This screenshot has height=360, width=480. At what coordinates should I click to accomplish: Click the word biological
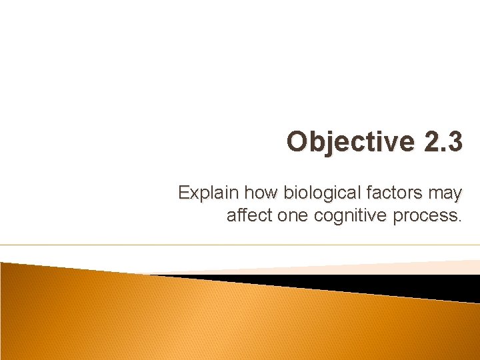tap(315, 194)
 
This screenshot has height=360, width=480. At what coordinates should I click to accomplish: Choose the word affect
tap(248, 215)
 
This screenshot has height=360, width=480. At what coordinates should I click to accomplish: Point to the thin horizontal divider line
tap(240, 245)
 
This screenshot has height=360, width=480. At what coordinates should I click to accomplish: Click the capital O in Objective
tap(297, 142)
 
